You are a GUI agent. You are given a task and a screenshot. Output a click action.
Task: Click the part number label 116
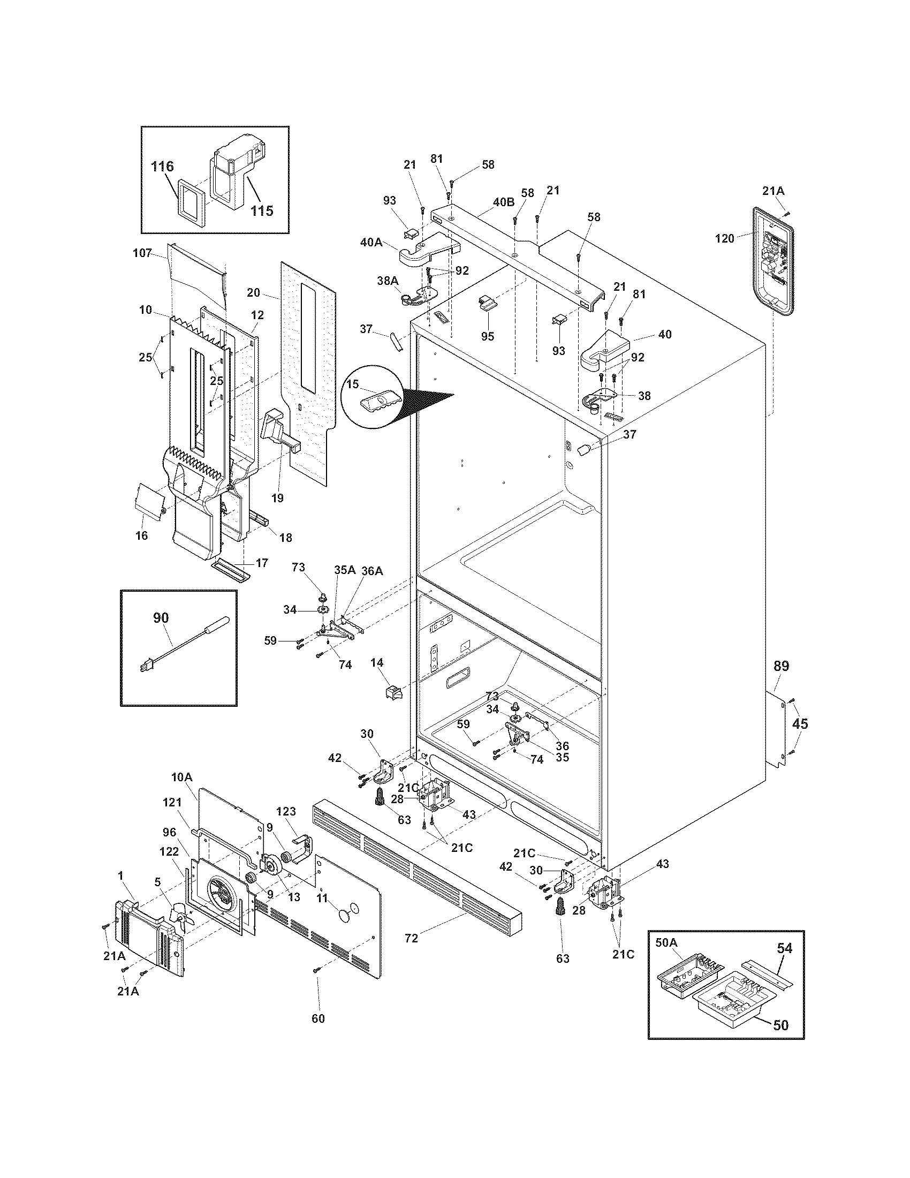(x=162, y=166)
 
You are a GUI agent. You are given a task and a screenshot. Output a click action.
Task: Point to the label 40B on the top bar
(x=504, y=202)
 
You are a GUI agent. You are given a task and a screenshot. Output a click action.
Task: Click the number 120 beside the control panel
(x=724, y=238)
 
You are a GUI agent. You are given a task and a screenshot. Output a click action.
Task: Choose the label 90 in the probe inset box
(x=161, y=617)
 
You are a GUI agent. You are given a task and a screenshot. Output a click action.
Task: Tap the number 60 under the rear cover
(x=318, y=1018)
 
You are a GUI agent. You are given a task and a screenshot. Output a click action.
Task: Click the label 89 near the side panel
(x=781, y=666)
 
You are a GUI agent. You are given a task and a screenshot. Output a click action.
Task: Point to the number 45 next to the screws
(x=800, y=724)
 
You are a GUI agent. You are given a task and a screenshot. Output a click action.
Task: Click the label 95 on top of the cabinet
(x=488, y=336)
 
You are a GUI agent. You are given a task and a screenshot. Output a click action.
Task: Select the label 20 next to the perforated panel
(x=253, y=292)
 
